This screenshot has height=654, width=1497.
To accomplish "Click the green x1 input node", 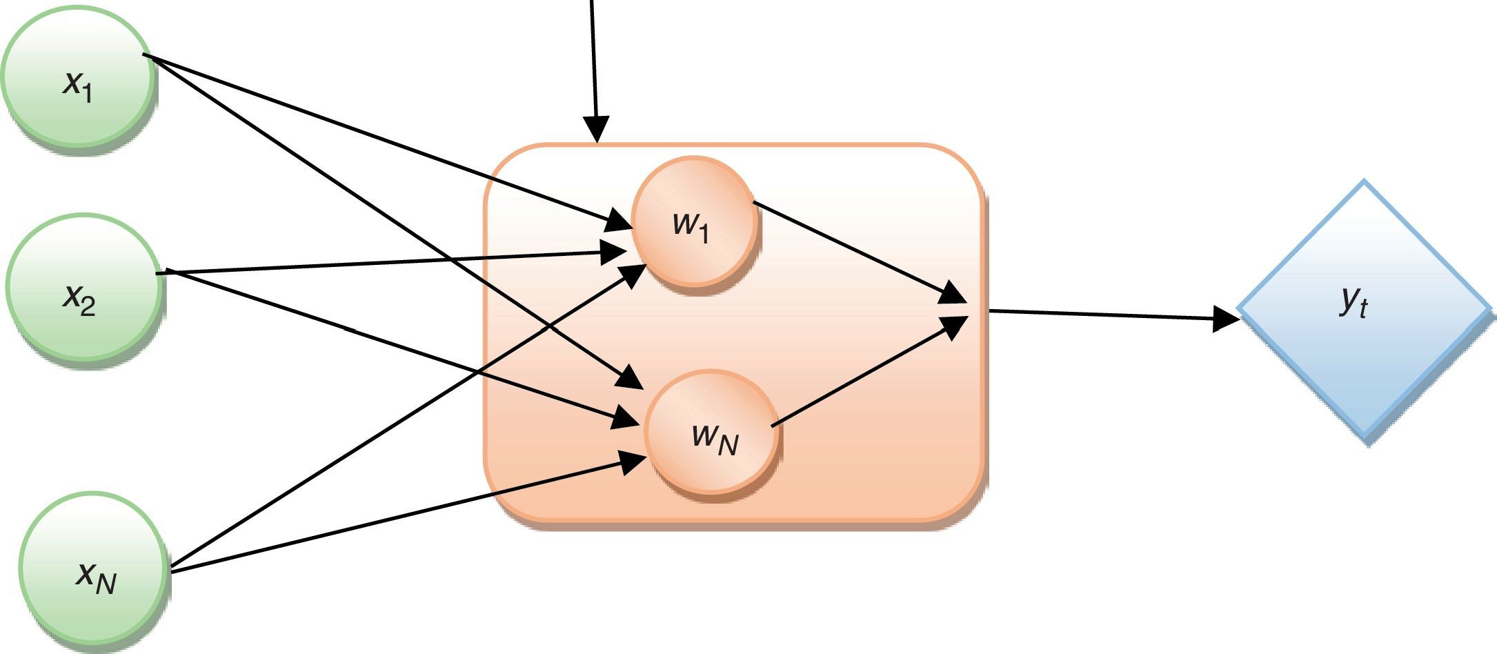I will pos(77,76).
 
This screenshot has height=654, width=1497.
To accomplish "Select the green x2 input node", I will pos(83,287).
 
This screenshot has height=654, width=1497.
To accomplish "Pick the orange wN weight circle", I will pos(711,433).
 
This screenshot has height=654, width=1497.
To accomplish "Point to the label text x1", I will pos(78,86).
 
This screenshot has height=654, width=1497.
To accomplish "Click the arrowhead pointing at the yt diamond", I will pos(1227,319).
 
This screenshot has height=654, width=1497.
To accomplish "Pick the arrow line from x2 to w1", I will pos(386,264).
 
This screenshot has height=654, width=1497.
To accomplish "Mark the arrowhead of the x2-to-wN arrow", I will pos(624,418).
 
